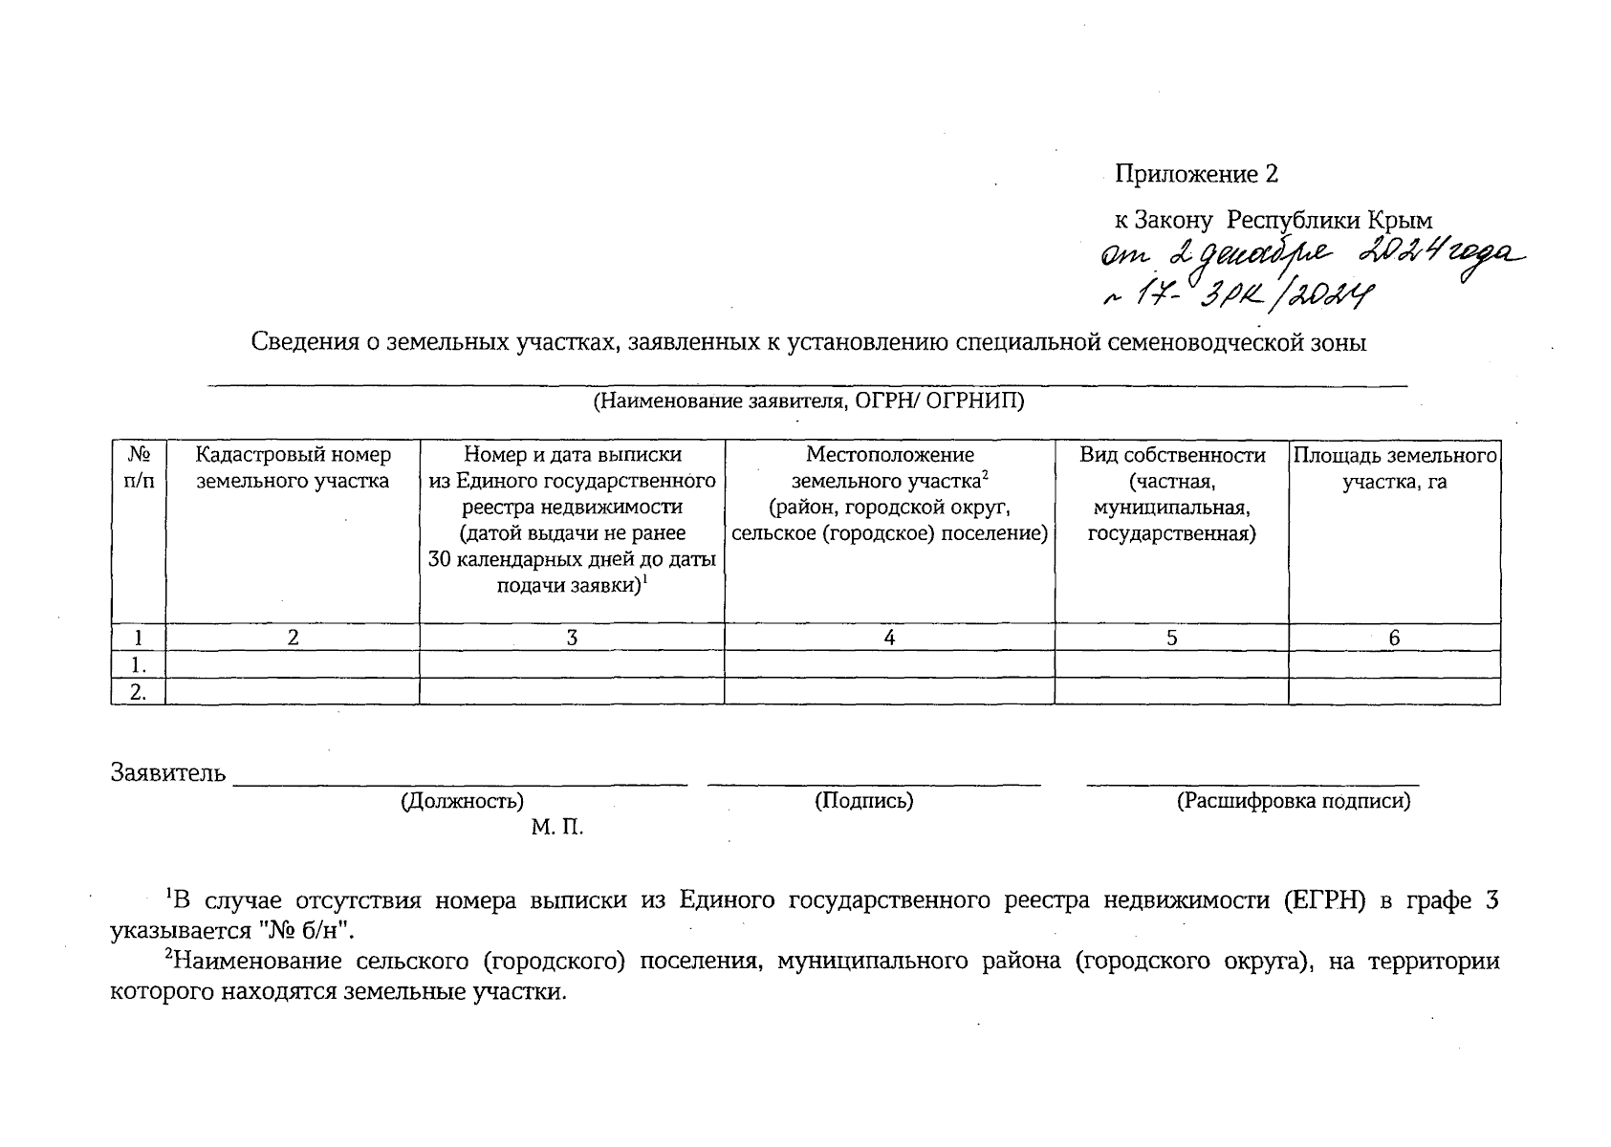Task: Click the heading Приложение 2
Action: [1196, 175]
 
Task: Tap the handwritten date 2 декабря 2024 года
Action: [1310, 257]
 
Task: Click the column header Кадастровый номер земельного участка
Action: [293, 467]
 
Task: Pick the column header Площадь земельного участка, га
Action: [1394, 467]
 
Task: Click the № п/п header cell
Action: [139, 467]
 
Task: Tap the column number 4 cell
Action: [889, 638]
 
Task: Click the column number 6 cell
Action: [1394, 638]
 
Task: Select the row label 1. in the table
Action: [139, 665]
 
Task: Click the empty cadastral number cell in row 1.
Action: [293, 665]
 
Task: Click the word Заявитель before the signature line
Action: [168, 772]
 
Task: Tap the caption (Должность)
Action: [462, 802]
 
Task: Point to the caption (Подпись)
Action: [863, 802]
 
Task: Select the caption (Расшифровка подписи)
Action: [1293, 802]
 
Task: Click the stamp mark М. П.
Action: [556, 828]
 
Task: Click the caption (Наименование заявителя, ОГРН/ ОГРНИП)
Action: [808, 401]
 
